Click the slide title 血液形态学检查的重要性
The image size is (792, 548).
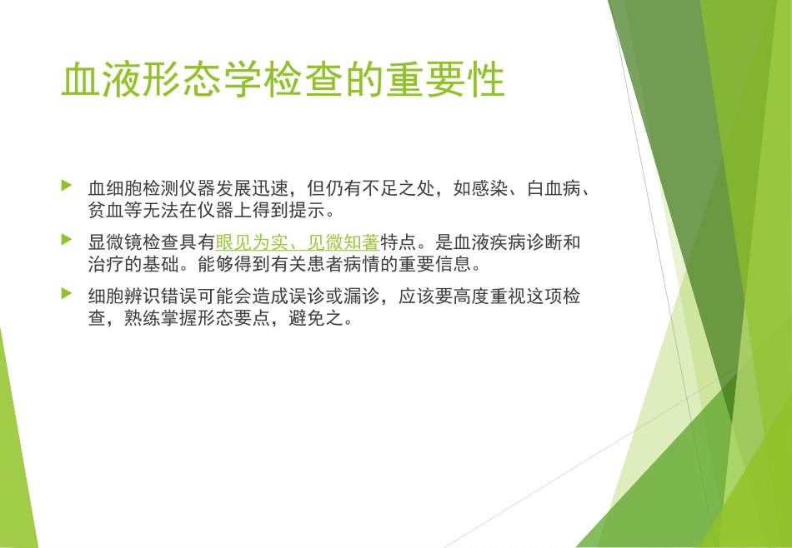coord(283,81)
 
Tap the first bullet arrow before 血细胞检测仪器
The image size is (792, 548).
coord(67,185)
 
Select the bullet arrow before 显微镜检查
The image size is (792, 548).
coord(67,240)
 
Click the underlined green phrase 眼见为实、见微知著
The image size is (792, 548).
coord(298,243)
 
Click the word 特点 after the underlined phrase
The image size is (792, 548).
coord(398,243)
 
